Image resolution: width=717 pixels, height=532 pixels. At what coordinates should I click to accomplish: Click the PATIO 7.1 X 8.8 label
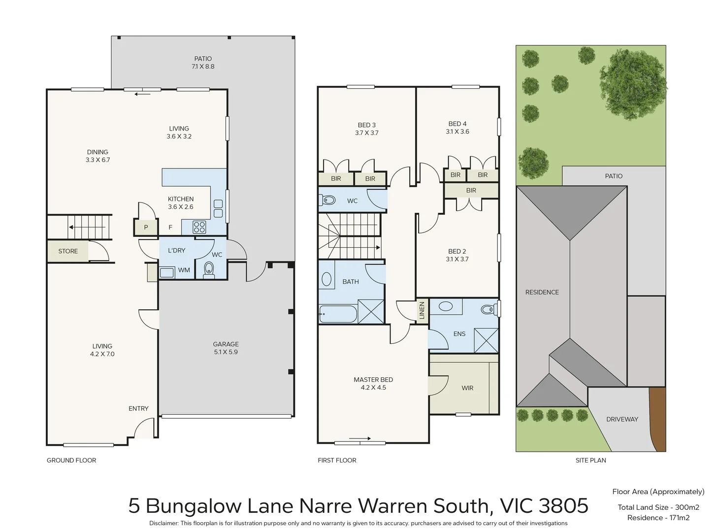pyautogui.click(x=203, y=63)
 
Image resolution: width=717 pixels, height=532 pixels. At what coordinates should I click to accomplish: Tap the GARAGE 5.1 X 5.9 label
pyautogui.click(x=226, y=348)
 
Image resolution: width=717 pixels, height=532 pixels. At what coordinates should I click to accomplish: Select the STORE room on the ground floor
pyautogui.click(x=68, y=251)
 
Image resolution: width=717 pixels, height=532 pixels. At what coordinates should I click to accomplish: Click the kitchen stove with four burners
pyautogui.click(x=199, y=227)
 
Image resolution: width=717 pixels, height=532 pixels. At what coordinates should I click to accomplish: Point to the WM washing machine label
pyautogui.click(x=184, y=270)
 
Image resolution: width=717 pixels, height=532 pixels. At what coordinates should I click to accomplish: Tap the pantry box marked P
pyautogui.click(x=146, y=228)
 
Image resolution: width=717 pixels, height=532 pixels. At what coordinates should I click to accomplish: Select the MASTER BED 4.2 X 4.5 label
pyautogui.click(x=373, y=384)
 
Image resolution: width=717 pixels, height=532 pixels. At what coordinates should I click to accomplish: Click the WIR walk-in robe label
pyautogui.click(x=467, y=388)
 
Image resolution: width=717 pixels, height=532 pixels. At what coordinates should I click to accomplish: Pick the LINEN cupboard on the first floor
pyautogui.click(x=422, y=310)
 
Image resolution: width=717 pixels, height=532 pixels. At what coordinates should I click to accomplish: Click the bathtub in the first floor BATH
pyautogui.click(x=338, y=314)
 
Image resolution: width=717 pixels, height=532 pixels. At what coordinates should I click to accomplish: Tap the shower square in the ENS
pyautogui.click(x=486, y=340)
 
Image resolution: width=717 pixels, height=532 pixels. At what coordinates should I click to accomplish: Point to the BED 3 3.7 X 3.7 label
pyautogui.click(x=367, y=129)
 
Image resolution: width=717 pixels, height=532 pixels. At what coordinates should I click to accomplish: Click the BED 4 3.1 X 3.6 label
pyautogui.click(x=457, y=128)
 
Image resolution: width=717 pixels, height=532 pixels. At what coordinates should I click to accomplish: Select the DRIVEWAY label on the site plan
pyautogui.click(x=622, y=419)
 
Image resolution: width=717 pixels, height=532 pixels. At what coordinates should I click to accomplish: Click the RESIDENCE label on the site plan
pyautogui.click(x=542, y=292)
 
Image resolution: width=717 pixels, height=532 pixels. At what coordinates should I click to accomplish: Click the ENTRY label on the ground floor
pyautogui.click(x=138, y=408)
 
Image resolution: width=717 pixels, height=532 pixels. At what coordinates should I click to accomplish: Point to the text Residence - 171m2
pyautogui.click(x=658, y=518)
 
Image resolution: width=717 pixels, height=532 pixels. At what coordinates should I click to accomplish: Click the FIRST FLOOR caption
pyautogui.click(x=337, y=460)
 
